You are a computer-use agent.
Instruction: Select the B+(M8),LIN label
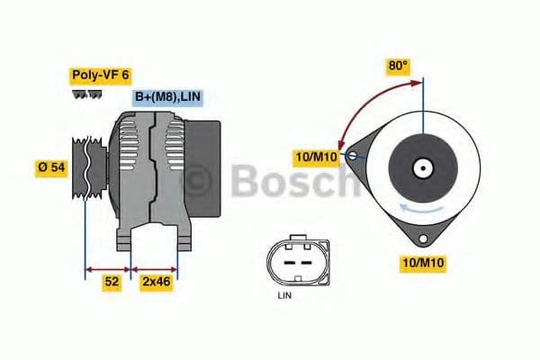tap(168, 97)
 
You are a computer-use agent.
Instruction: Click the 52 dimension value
tap(111, 282)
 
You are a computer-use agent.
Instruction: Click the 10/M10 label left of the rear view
tap(318, 158)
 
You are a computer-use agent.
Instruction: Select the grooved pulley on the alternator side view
tap(94, 166)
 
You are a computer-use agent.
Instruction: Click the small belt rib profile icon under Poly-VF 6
tap(85, 93)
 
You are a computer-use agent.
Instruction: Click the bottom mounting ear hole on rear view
tap(421, 238)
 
